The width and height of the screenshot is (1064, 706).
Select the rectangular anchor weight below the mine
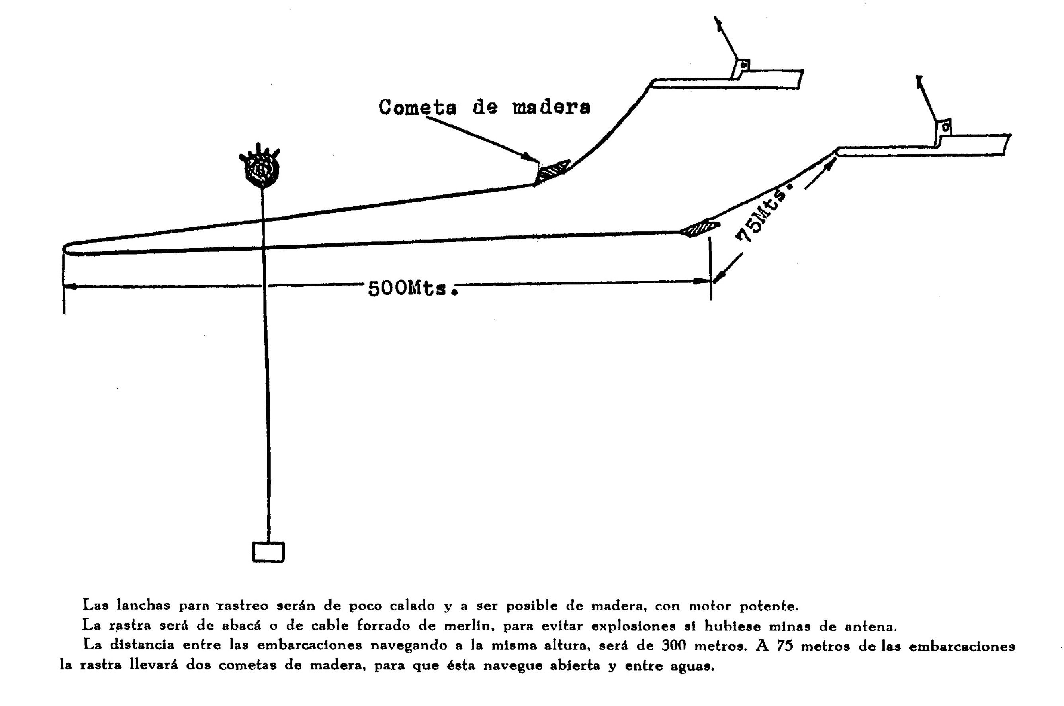[x=268, y=552]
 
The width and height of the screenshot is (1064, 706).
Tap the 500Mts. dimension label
[x=413, y=288]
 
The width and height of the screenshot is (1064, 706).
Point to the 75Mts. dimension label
[x=763, y=212]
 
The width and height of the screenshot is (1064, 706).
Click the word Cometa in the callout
[x=417, y=107]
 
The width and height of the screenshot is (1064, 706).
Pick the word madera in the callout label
[x=552, y=107]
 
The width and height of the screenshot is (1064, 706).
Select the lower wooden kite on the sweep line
[x=699, y=228]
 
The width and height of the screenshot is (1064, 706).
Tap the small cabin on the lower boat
[x=943, y=131]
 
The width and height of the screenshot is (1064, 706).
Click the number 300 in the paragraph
[x=673, y=645]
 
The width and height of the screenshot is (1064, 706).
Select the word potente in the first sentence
[x=769, y=606]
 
